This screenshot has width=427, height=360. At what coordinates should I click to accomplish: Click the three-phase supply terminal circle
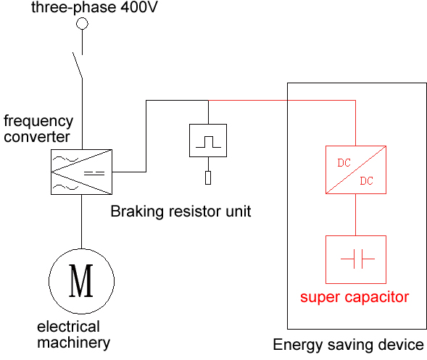tap(82, 23)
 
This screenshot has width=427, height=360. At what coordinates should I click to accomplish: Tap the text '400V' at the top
tap(139, 7)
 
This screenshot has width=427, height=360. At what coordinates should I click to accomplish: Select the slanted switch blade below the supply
tap(78, 65)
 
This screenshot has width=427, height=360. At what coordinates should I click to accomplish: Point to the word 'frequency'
tap(38, 122)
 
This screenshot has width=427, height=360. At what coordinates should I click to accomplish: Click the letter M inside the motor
tap(81, 280)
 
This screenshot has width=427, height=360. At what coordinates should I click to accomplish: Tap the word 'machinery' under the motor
tap(73, 343)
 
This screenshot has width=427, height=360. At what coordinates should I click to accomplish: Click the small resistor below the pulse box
tap(208, 177)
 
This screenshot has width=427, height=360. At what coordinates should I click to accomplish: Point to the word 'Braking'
tap(137, 212)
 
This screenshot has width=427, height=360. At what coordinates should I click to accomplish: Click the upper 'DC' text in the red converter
tap(344, 163)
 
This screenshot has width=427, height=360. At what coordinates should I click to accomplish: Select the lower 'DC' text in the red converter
tap(367, 181)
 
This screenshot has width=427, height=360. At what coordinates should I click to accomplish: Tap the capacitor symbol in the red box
tap(358, 259)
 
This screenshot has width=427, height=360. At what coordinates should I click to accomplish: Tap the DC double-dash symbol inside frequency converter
tap(94, 173)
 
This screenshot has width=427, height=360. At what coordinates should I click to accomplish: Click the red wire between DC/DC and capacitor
tap(355, 214)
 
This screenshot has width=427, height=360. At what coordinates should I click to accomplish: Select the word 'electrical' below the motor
tap(68, 327)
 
